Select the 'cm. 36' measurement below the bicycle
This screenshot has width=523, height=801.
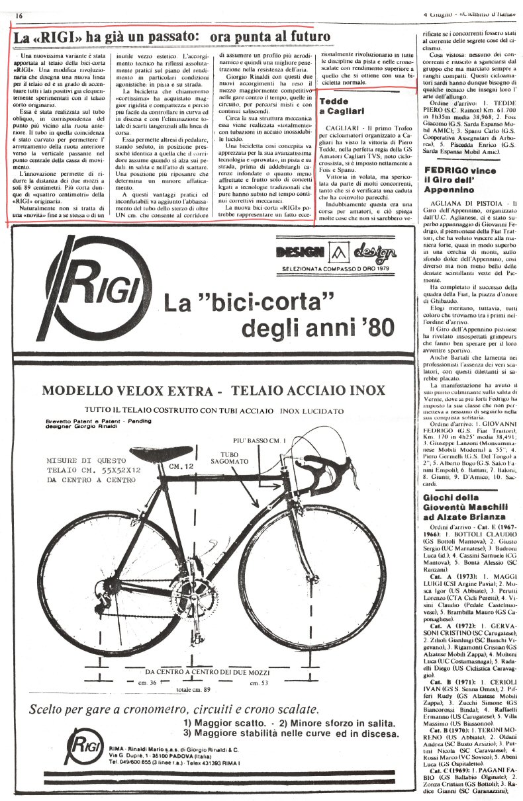click(x=146, y=682)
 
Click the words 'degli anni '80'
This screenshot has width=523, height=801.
click(x=320, y=326)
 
